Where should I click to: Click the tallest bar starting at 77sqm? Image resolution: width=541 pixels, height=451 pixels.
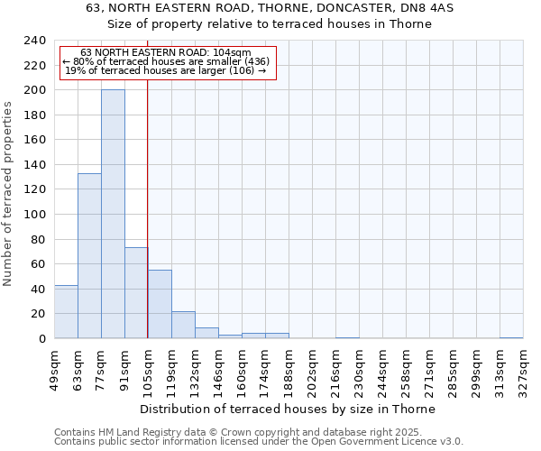113,215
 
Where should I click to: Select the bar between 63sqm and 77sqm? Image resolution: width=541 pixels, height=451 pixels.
89,256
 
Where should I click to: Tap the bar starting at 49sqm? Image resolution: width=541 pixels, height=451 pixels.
66,312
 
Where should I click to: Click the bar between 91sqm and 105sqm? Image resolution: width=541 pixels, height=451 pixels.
136,293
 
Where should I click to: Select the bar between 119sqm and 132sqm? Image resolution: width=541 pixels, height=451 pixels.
183,325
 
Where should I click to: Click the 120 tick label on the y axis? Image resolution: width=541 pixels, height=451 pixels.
35,190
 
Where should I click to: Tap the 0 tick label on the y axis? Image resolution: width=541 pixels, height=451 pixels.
42,339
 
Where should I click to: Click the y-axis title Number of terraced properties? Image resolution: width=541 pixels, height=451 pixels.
8,194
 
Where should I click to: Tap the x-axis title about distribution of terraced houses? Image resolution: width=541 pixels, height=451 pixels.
288,409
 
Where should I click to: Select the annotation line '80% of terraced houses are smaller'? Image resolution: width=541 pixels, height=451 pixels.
166,61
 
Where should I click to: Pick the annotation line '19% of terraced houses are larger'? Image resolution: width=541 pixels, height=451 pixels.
166,70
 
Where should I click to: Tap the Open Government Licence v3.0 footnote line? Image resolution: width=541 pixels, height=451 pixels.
259,442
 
